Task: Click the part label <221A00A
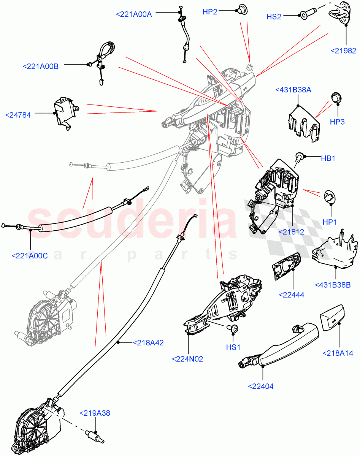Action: click(133, 14)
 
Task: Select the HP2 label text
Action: click(210, 12)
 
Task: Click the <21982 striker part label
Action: click(343, 51)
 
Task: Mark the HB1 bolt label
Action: click(328, 158)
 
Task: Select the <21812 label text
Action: click(291, 231)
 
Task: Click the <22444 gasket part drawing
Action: click(286, 267)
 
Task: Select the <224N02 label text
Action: click(187, 359)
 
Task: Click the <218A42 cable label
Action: click(148, 343)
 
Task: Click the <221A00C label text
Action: click(30, 256)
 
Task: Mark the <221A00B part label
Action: click(41, 66)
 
